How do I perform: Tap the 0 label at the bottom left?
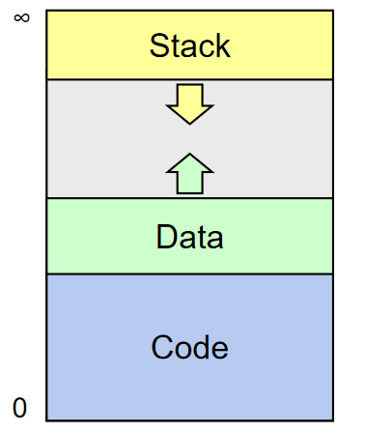click(19, 407)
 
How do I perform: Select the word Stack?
click(190, 45)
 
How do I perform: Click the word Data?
click(190, 237)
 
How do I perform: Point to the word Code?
click(190, 347)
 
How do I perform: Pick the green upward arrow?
click(189, 175)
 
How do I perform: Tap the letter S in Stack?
click(159, 45)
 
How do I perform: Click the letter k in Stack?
click(222, 45)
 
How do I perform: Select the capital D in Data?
click(166, 237)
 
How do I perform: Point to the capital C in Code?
click(161, 347)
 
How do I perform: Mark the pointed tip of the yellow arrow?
click(189, 123)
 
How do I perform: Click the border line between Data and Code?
click(190, 274)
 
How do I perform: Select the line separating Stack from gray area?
click(190, 79)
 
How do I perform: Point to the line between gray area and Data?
click(190, 198)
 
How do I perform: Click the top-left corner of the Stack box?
click(46, 11)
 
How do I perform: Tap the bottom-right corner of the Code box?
click(333, 420)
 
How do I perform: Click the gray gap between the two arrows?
click(189, 139)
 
